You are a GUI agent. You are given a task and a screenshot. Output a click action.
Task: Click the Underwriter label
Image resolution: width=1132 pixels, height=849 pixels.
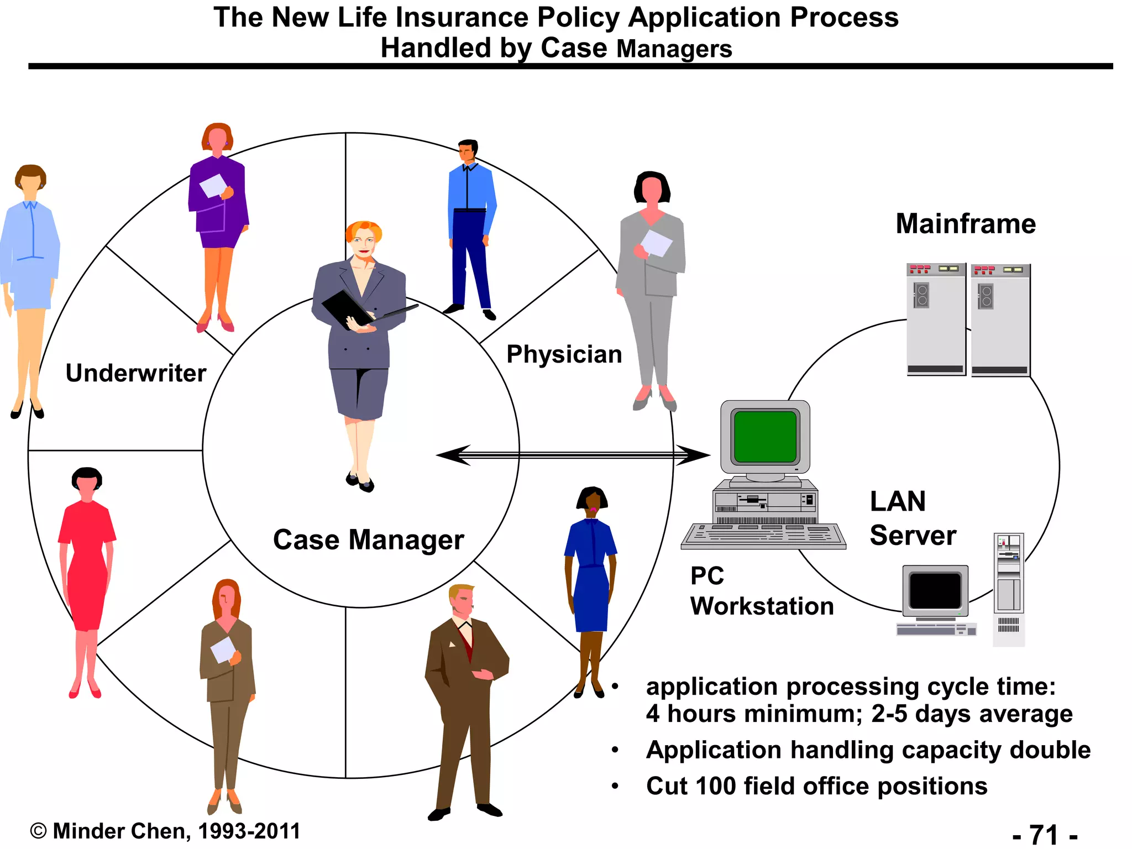tap(136, 373)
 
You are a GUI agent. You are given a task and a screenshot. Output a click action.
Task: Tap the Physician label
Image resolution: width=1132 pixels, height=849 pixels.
tap(564, 354)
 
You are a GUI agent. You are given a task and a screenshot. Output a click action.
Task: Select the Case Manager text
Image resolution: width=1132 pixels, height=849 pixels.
tap(368, 540)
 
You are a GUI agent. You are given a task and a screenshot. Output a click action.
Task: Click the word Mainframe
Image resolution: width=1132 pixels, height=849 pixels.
tap(966, 224)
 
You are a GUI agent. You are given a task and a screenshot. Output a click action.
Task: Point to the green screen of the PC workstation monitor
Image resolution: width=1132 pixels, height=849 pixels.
tap(765, 437)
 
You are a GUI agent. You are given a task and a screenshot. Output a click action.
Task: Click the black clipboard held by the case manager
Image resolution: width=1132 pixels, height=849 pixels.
tap(346, 309)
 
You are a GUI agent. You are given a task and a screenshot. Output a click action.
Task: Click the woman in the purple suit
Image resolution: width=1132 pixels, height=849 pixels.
tap(218, 210)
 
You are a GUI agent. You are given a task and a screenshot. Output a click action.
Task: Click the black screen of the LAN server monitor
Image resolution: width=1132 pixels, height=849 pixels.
tap(935, 591)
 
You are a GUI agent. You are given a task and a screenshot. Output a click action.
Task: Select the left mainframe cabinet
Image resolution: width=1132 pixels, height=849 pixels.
tap(936, 319)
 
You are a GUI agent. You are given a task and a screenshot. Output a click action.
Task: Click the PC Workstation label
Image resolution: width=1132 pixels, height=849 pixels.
tap(762, 591)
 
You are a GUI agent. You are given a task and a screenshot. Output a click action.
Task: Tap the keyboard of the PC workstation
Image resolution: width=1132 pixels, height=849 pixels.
tap(763, 536)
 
